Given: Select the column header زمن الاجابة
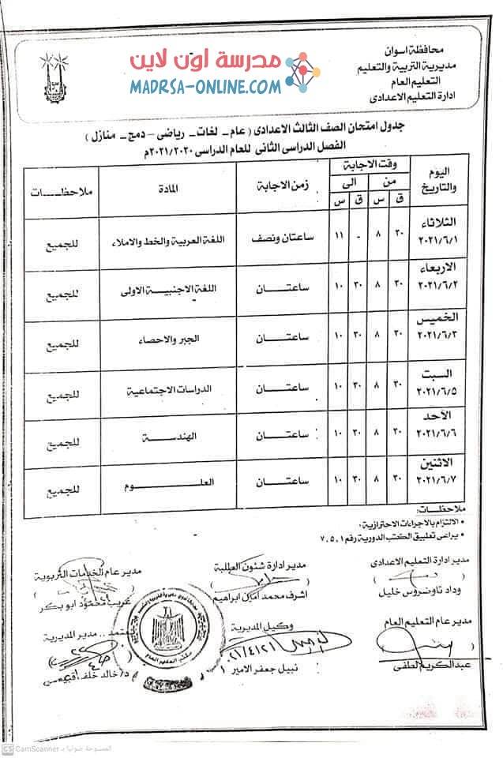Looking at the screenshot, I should (x=283, y=188).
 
